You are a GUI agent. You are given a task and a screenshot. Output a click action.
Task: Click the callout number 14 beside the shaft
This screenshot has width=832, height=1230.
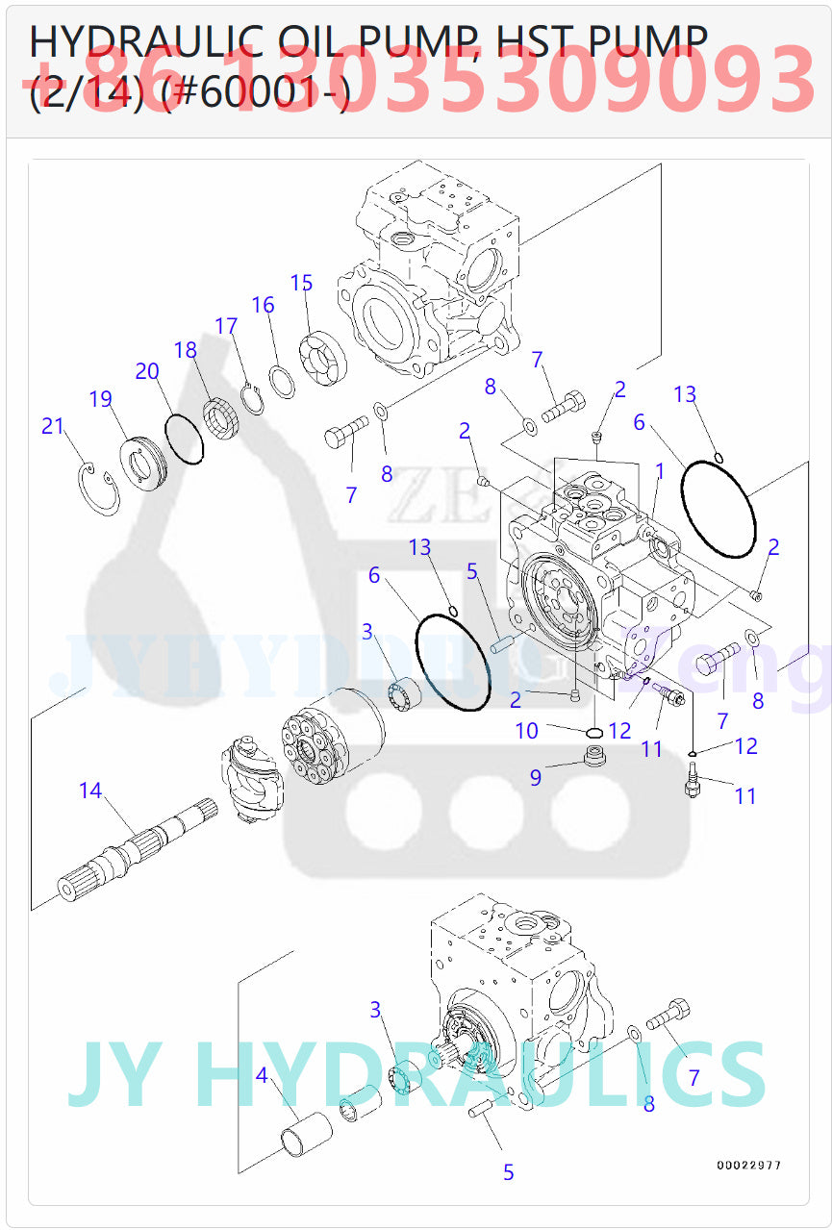coord(90,791)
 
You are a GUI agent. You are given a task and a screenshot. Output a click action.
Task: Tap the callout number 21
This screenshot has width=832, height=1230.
coord(53,426)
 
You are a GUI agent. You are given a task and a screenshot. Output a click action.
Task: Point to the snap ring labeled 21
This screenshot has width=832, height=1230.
coord(99,487)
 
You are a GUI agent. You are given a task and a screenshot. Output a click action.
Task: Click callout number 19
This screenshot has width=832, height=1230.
coord(101,399)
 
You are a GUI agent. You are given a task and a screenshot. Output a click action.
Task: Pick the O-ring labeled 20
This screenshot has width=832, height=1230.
coord(184,439)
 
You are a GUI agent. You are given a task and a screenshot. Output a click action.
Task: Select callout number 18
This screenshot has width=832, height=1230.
coord(186,350)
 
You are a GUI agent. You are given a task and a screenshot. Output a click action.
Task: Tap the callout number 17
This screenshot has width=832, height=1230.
coord(226,326)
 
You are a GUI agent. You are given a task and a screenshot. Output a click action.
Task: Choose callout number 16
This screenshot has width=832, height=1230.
coord(263,305)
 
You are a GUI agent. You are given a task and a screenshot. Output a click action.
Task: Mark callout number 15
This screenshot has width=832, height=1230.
coord(302,283)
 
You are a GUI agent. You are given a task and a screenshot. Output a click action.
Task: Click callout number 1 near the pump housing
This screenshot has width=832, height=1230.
coord(660,470)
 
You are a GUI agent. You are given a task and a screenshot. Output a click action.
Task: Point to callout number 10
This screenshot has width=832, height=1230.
coord(526,731)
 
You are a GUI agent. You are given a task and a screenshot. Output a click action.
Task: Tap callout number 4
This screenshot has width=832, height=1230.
coord(262,1075)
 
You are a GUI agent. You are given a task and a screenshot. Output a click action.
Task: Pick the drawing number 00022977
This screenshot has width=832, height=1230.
coord(748,1166)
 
